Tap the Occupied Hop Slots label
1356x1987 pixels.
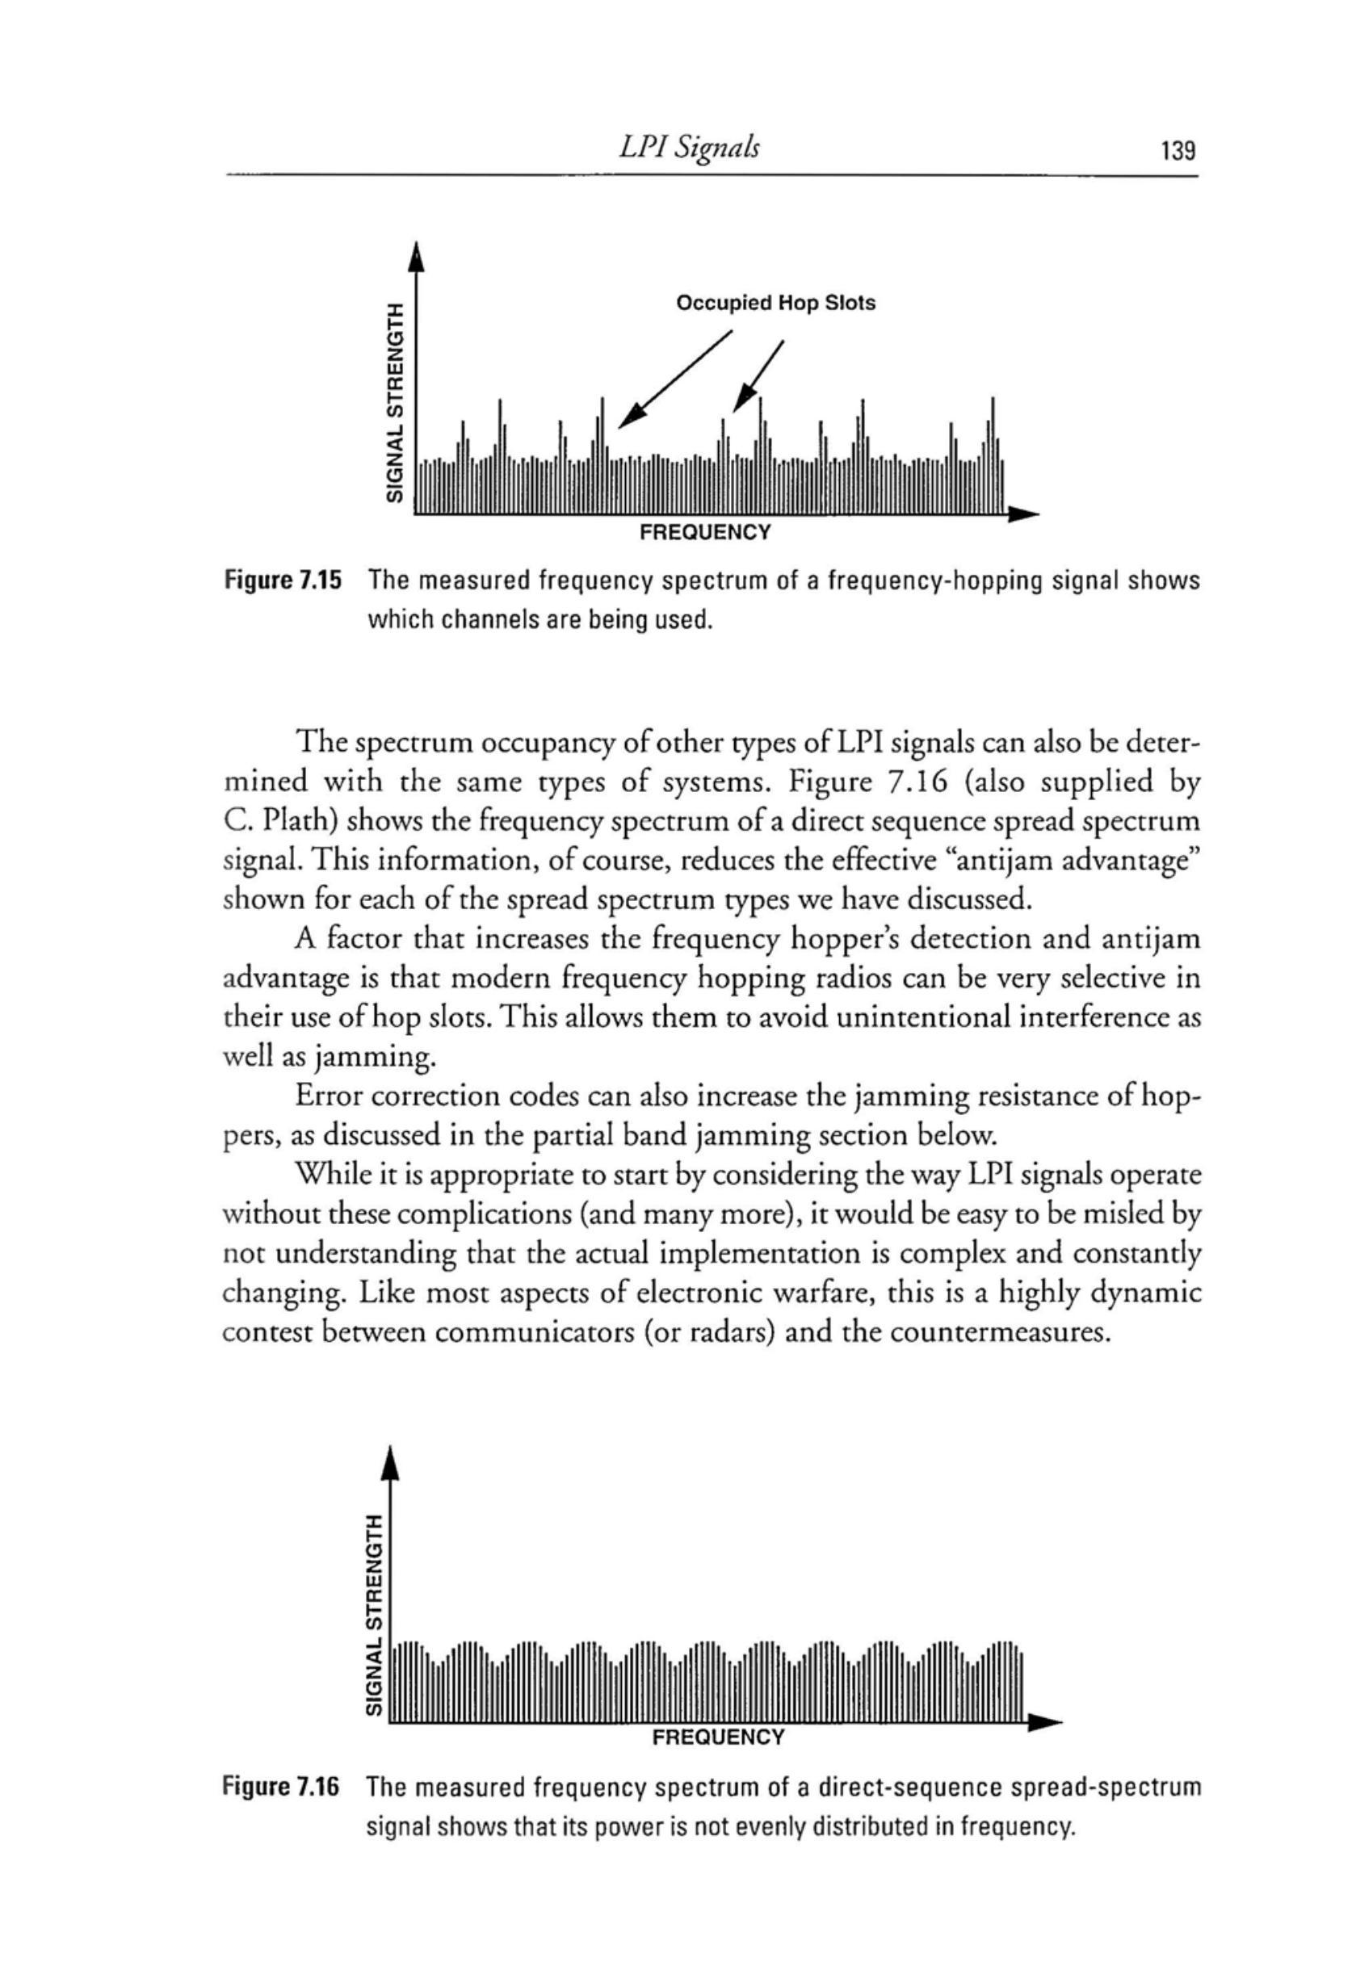[x=775, y=304]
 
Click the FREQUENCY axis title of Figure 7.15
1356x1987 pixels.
[x=705, y=533]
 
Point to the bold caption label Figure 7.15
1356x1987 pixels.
[x=282, y=582]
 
